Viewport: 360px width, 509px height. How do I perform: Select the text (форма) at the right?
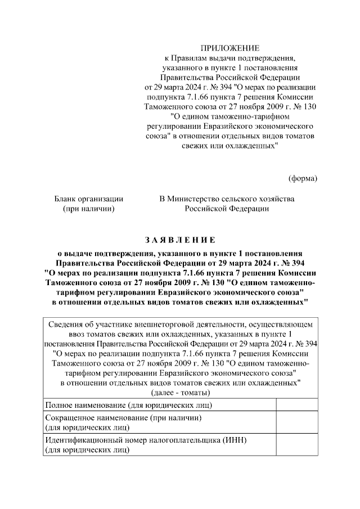pos(303,178)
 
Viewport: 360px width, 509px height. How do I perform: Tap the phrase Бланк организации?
pos(88,199)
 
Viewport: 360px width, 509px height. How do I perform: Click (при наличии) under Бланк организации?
pos(88,209)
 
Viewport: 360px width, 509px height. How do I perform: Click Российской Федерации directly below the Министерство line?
pos(227,209)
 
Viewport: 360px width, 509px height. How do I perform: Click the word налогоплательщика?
pos(183,440)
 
